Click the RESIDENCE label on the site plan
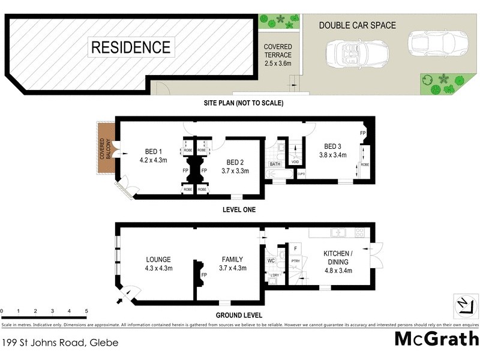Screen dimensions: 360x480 click(x=131, y=47)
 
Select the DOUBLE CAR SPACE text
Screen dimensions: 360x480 click(x=357, y=25)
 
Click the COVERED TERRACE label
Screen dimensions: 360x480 click(x=278, y=55)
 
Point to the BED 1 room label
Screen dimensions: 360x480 click(x=152, y=156)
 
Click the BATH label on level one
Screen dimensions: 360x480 click(x=275, y=164)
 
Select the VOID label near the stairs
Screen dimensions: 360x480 click(x=295, y=162)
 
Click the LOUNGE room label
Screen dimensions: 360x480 click(x=158, y=263)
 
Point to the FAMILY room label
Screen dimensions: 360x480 click(x=233, y=263)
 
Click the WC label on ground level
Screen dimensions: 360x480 click(x=271, y=260)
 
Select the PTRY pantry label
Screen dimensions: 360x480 click(x=295, y=261)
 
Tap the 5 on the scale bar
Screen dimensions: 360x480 click(x=86, y=311)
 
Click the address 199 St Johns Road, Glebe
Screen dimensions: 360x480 click(x=59, y=343)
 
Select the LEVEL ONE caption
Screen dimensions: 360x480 click(x=239, y=210)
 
